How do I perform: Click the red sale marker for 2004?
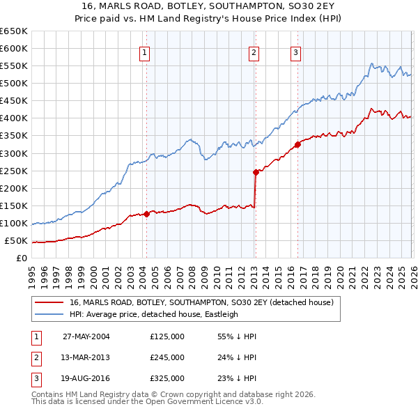146,215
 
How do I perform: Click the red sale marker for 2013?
256,172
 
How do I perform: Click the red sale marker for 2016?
297,144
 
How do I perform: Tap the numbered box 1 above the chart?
144,52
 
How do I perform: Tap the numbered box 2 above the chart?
254,52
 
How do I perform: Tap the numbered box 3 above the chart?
295,52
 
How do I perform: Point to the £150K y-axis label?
14,205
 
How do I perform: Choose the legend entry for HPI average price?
153,314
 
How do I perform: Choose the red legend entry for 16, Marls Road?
201,302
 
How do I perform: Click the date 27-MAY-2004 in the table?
86,336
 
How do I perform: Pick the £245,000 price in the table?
167,357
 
